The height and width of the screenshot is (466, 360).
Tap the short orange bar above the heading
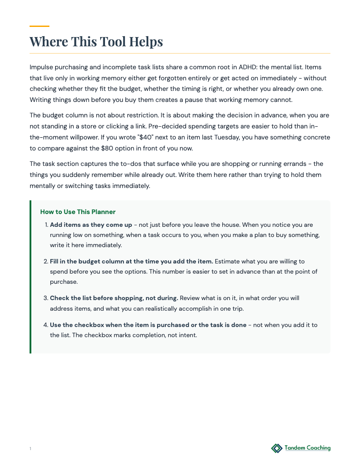(x=39, y=26)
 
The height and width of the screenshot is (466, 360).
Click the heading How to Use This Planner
(x=78, y=212)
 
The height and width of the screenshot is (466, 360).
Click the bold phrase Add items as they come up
(x=91, y=225)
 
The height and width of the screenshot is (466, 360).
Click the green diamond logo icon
(x=277, y=448)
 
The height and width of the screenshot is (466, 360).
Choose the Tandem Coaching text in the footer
(x=307, y=448)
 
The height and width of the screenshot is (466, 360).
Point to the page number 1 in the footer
(x=30, y=449)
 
